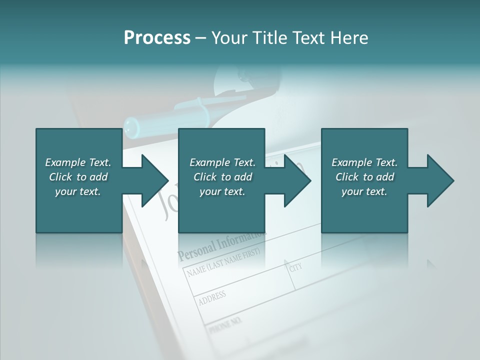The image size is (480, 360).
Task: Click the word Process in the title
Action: (157, 38)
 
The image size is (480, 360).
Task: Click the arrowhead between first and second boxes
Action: (155, 180)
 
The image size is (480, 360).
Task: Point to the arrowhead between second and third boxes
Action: (297, 180)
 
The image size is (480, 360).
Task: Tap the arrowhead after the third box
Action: (440, 180)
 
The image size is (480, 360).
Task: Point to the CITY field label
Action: (296, 268)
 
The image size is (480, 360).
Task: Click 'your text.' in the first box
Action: (78, 191)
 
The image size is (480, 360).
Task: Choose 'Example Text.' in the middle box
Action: (222, 162)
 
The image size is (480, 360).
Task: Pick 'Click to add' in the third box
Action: (364, 177)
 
